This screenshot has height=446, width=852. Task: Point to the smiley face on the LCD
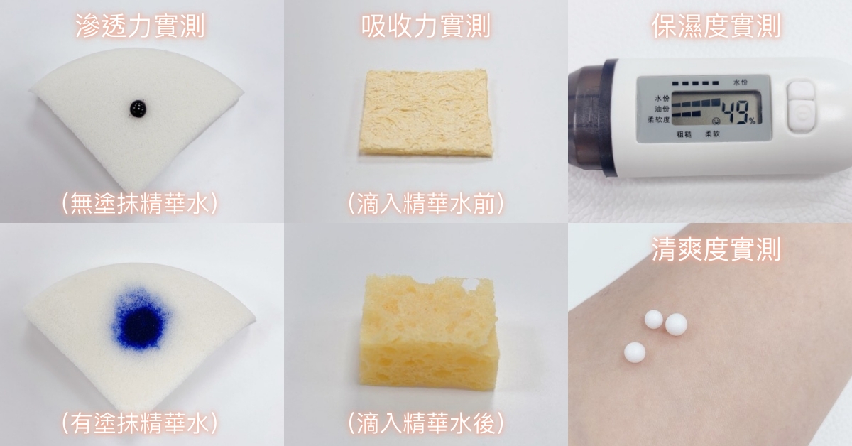(716, 121)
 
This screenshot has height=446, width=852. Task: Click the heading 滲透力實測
(141, 26)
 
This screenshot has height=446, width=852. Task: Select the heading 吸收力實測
(425, 26)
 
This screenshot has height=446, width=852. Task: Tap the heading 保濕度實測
(716, 26)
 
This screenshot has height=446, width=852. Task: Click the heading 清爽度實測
(716, 249)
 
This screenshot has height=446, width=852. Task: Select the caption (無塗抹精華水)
(140, 204)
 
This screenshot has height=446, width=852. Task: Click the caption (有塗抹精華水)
(140, 423)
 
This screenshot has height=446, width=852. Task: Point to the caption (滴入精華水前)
(426, 204)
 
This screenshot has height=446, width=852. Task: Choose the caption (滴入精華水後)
(426, 423)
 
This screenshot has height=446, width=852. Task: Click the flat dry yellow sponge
(425, 112)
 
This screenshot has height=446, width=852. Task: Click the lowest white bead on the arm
(635, 352)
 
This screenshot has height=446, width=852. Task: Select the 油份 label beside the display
(662, 109)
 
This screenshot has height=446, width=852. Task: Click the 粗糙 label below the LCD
(684, 134)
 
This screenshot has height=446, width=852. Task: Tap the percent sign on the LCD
(752, 121)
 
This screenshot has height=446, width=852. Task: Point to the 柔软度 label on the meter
(658, 119)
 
